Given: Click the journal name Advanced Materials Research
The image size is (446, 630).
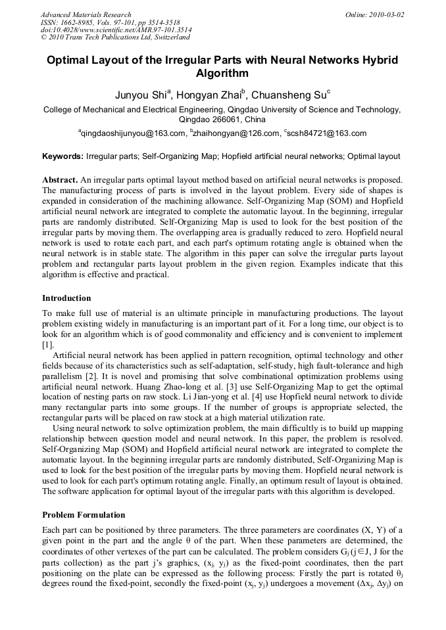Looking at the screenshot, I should pos(86,14).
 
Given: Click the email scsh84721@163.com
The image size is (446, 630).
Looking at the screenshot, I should pos(327,134).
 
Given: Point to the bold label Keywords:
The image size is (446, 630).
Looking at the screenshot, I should pos(63,157).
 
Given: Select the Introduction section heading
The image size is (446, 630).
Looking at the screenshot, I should pos(66,298).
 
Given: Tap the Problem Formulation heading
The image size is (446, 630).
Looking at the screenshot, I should pos(84,515).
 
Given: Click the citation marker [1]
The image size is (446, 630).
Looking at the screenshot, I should pos(48,345).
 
